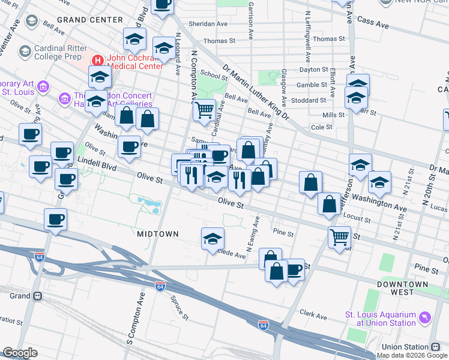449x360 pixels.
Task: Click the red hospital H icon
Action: point(98,60)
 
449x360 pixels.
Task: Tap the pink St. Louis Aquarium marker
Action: point(425,316)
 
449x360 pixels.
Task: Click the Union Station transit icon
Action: point(435,347)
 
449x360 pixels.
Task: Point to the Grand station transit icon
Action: point(37,296)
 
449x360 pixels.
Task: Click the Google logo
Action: point(20,353)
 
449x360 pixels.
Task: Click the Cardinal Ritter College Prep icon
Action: point(25,52)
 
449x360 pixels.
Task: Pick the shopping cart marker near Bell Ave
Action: point(204,110)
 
